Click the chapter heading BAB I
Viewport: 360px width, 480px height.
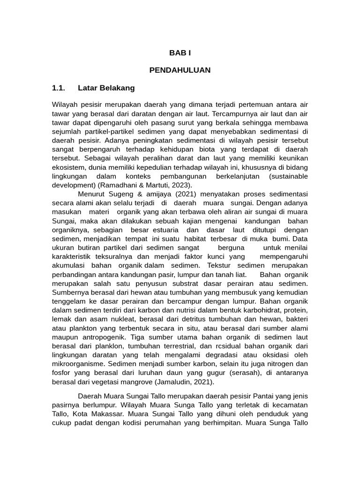180,53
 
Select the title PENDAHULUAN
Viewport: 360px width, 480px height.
180,70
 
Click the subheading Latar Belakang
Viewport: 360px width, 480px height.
106,88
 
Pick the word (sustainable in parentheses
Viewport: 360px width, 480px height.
289,177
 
